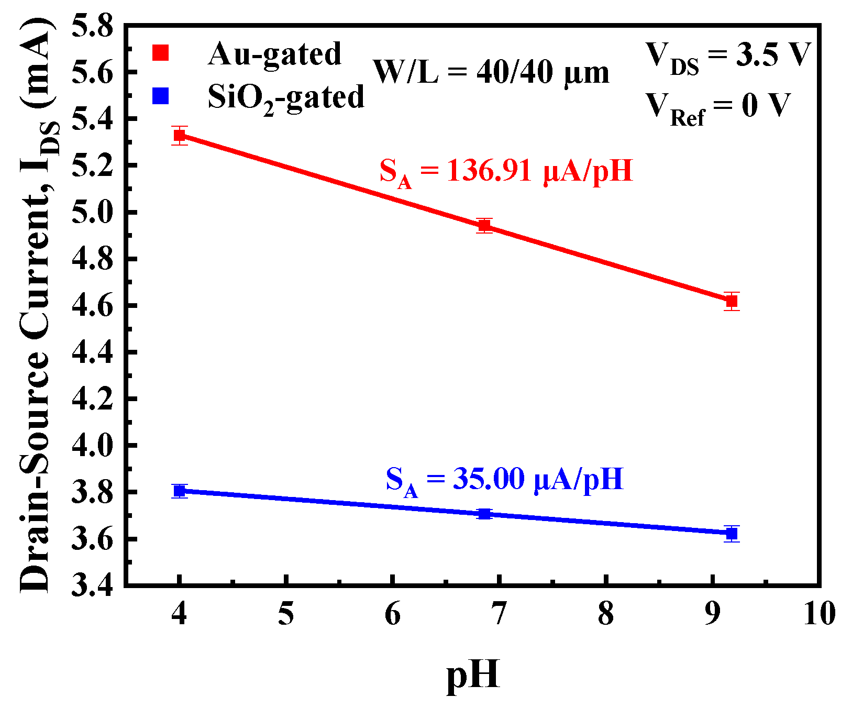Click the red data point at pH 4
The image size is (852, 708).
(180, 136)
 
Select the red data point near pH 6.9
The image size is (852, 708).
(484, 226)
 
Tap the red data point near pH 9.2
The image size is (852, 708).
(732, 301)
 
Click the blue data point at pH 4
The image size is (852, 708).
(180, 491)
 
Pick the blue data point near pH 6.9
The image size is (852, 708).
(484, 514)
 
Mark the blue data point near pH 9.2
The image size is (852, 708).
(732, 534)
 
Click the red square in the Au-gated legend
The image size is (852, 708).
(160, 53)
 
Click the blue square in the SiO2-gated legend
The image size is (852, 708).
(160, 96)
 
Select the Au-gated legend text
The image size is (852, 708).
(274, 54)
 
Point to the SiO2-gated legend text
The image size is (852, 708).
(286, 98)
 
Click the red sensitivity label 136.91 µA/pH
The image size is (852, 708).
(506, 172)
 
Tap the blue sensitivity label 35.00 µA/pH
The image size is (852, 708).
(505, 480)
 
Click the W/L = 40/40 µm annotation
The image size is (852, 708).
(491, 73)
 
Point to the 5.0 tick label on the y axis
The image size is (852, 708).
(92, 213)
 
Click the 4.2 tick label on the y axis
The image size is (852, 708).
(92, 399)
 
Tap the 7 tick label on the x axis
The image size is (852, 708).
(499, 613)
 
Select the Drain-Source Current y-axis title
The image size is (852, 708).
(37, 304)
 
